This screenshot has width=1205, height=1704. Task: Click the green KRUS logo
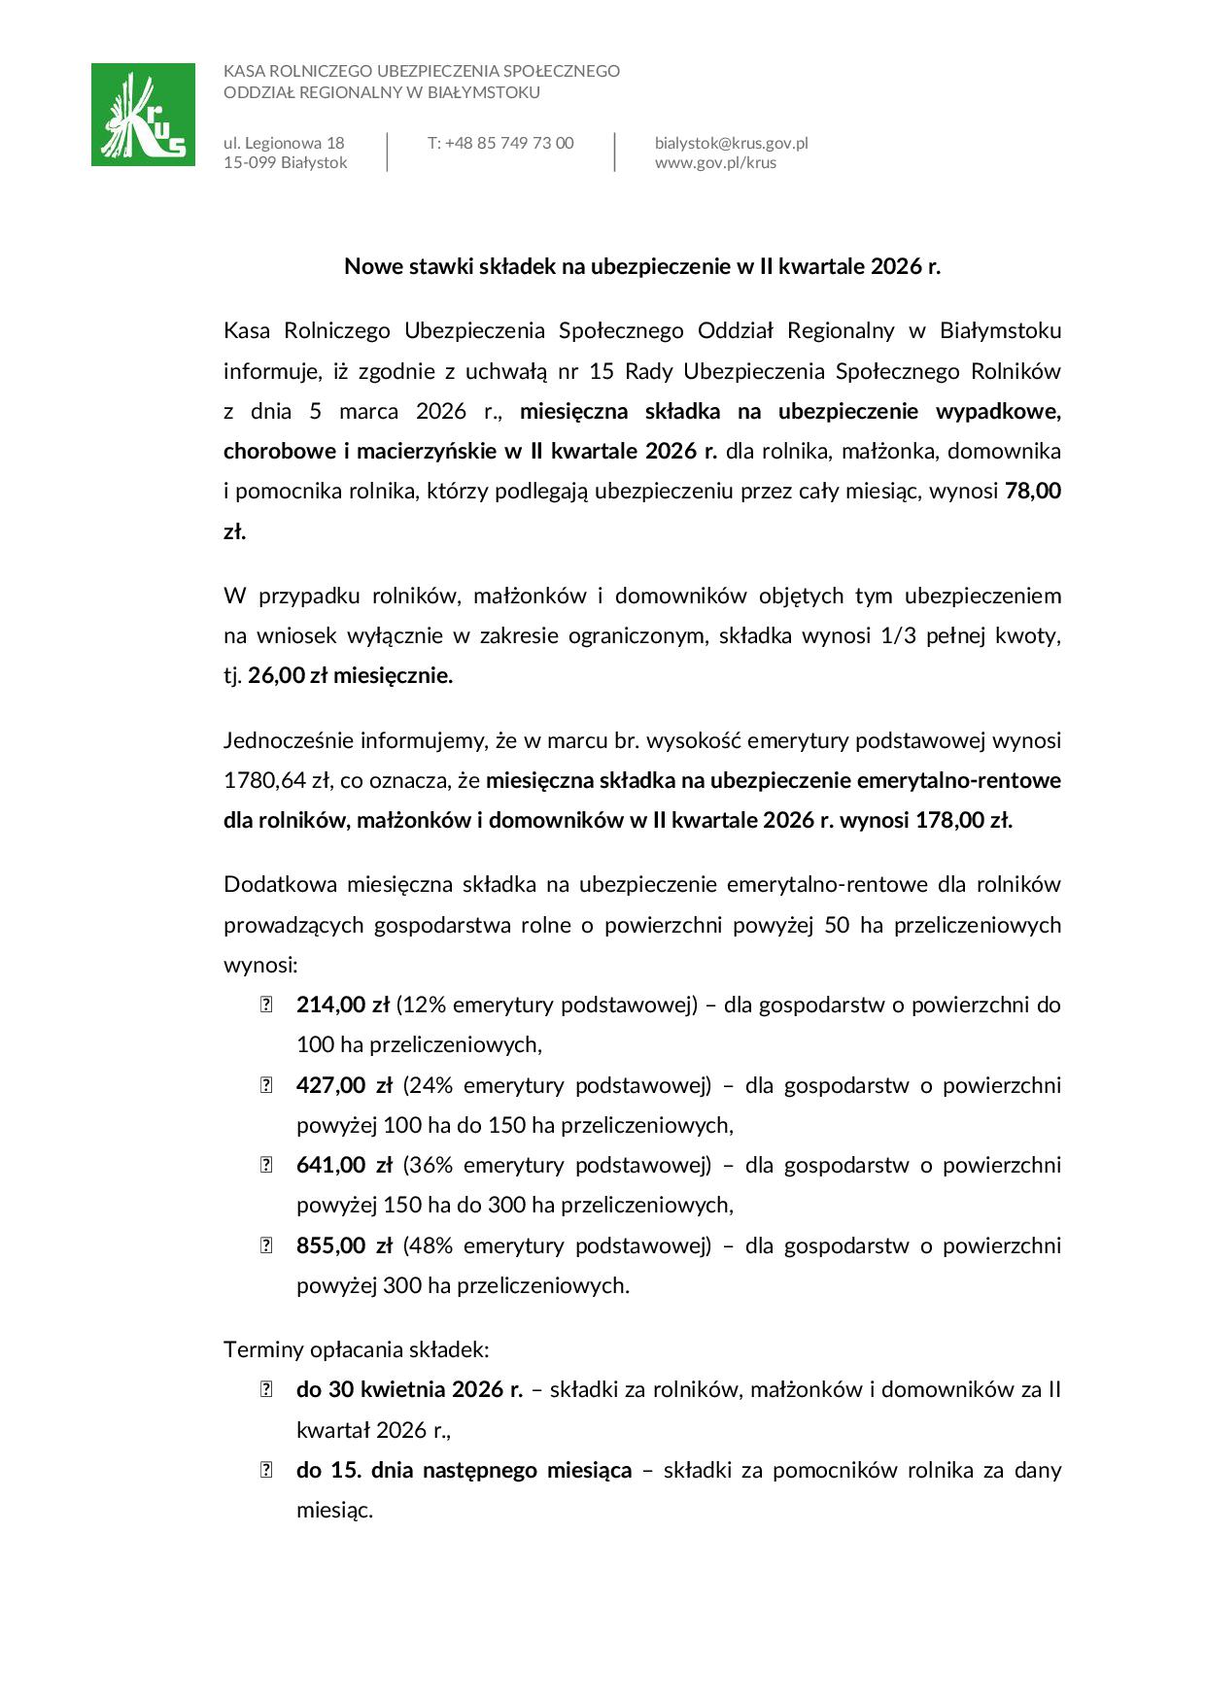click(x=143, y=115)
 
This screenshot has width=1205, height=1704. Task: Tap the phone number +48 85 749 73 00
click(x=500, y=143)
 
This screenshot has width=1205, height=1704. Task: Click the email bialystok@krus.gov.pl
click(x=731, y=143)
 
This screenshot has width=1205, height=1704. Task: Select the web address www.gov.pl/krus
click(x=715, y=162)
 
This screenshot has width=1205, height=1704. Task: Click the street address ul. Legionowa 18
click(x=284, y=143)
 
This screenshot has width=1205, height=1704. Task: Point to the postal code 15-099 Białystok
click(x=285, y=162)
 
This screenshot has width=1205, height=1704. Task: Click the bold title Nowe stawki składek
click(x=642, y=266)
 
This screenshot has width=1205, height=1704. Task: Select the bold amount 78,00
click(x=1032, y=491)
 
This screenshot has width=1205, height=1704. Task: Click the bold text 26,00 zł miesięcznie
click(x=350, y=675)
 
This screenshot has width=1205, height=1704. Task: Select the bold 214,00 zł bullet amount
click(x=342, y=1005)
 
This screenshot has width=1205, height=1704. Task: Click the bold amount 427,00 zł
click(x=344, y=1084)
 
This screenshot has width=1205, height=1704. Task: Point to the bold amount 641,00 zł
click(x=344, y=1165)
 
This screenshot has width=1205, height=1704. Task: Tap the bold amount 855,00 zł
click(x=344, y=1245)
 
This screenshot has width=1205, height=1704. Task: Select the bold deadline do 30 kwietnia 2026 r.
click(x=409, y=1389)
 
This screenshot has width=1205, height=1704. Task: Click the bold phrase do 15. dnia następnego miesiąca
click(x=464, y=1470)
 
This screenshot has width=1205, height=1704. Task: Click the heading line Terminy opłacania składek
click(x=356, y=1349)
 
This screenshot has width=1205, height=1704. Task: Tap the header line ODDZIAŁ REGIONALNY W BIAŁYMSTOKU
click(x=381, y=92)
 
